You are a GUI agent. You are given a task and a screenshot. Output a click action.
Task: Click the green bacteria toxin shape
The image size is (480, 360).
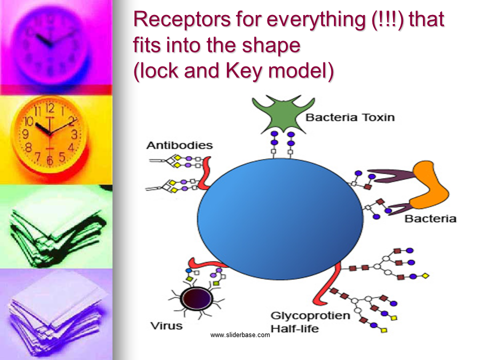click(x=283, y=115)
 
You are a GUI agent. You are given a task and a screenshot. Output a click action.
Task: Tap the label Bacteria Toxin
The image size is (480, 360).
click(x=350, y=117)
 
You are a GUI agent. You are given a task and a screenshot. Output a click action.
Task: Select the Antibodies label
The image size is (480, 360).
click(x=179, y=145)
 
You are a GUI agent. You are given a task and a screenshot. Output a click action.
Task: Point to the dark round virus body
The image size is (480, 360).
click(x=197, y=298)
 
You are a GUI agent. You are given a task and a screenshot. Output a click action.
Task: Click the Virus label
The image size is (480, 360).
click(x=166, y=325)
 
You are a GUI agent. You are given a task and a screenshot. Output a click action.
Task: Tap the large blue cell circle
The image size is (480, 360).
click(x=280, y=218)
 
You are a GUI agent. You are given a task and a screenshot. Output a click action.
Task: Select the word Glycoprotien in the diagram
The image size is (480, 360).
click(x=310, y=315)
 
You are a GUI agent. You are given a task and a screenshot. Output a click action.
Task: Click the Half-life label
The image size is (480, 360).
click(x=295, y=329)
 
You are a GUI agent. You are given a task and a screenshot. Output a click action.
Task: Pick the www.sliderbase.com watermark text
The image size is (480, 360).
click(x=240, y=335)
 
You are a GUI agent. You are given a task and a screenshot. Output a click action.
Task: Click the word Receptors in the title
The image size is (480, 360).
click(x=182, y=19)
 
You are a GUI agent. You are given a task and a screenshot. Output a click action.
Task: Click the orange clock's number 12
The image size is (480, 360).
click(x=50, y=108)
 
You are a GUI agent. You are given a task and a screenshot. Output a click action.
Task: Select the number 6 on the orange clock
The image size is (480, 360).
click(x=49, y=160)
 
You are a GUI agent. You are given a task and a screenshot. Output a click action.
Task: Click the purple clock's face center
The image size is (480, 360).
click(x=50, y=45)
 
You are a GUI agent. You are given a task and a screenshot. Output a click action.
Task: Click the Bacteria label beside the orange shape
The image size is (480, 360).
click(x=430, y=218)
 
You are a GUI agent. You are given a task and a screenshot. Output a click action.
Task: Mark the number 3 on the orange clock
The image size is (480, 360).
click(x=74, y=134)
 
